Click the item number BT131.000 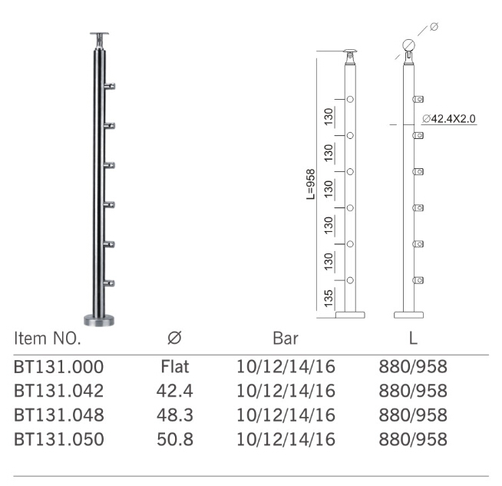[x=58, y=365]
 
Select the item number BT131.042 [x=58, y=390]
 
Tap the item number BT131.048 [x=58, y=415]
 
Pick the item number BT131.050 [x=58, y=439]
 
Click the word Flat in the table [x=174, y=365]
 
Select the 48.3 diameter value [x=174, y=415]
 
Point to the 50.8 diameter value [x=174, y=439]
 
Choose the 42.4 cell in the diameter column [x=174, y=390]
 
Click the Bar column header [x=286, y=338]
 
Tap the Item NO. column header [x=48, y=338]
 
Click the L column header [x=413, y=338]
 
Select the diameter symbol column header [x=174, y=338]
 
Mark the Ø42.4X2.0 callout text [x=449, y=119]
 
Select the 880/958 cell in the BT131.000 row [x=413, y=365]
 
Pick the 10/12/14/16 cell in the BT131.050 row [x=286, y=439]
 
